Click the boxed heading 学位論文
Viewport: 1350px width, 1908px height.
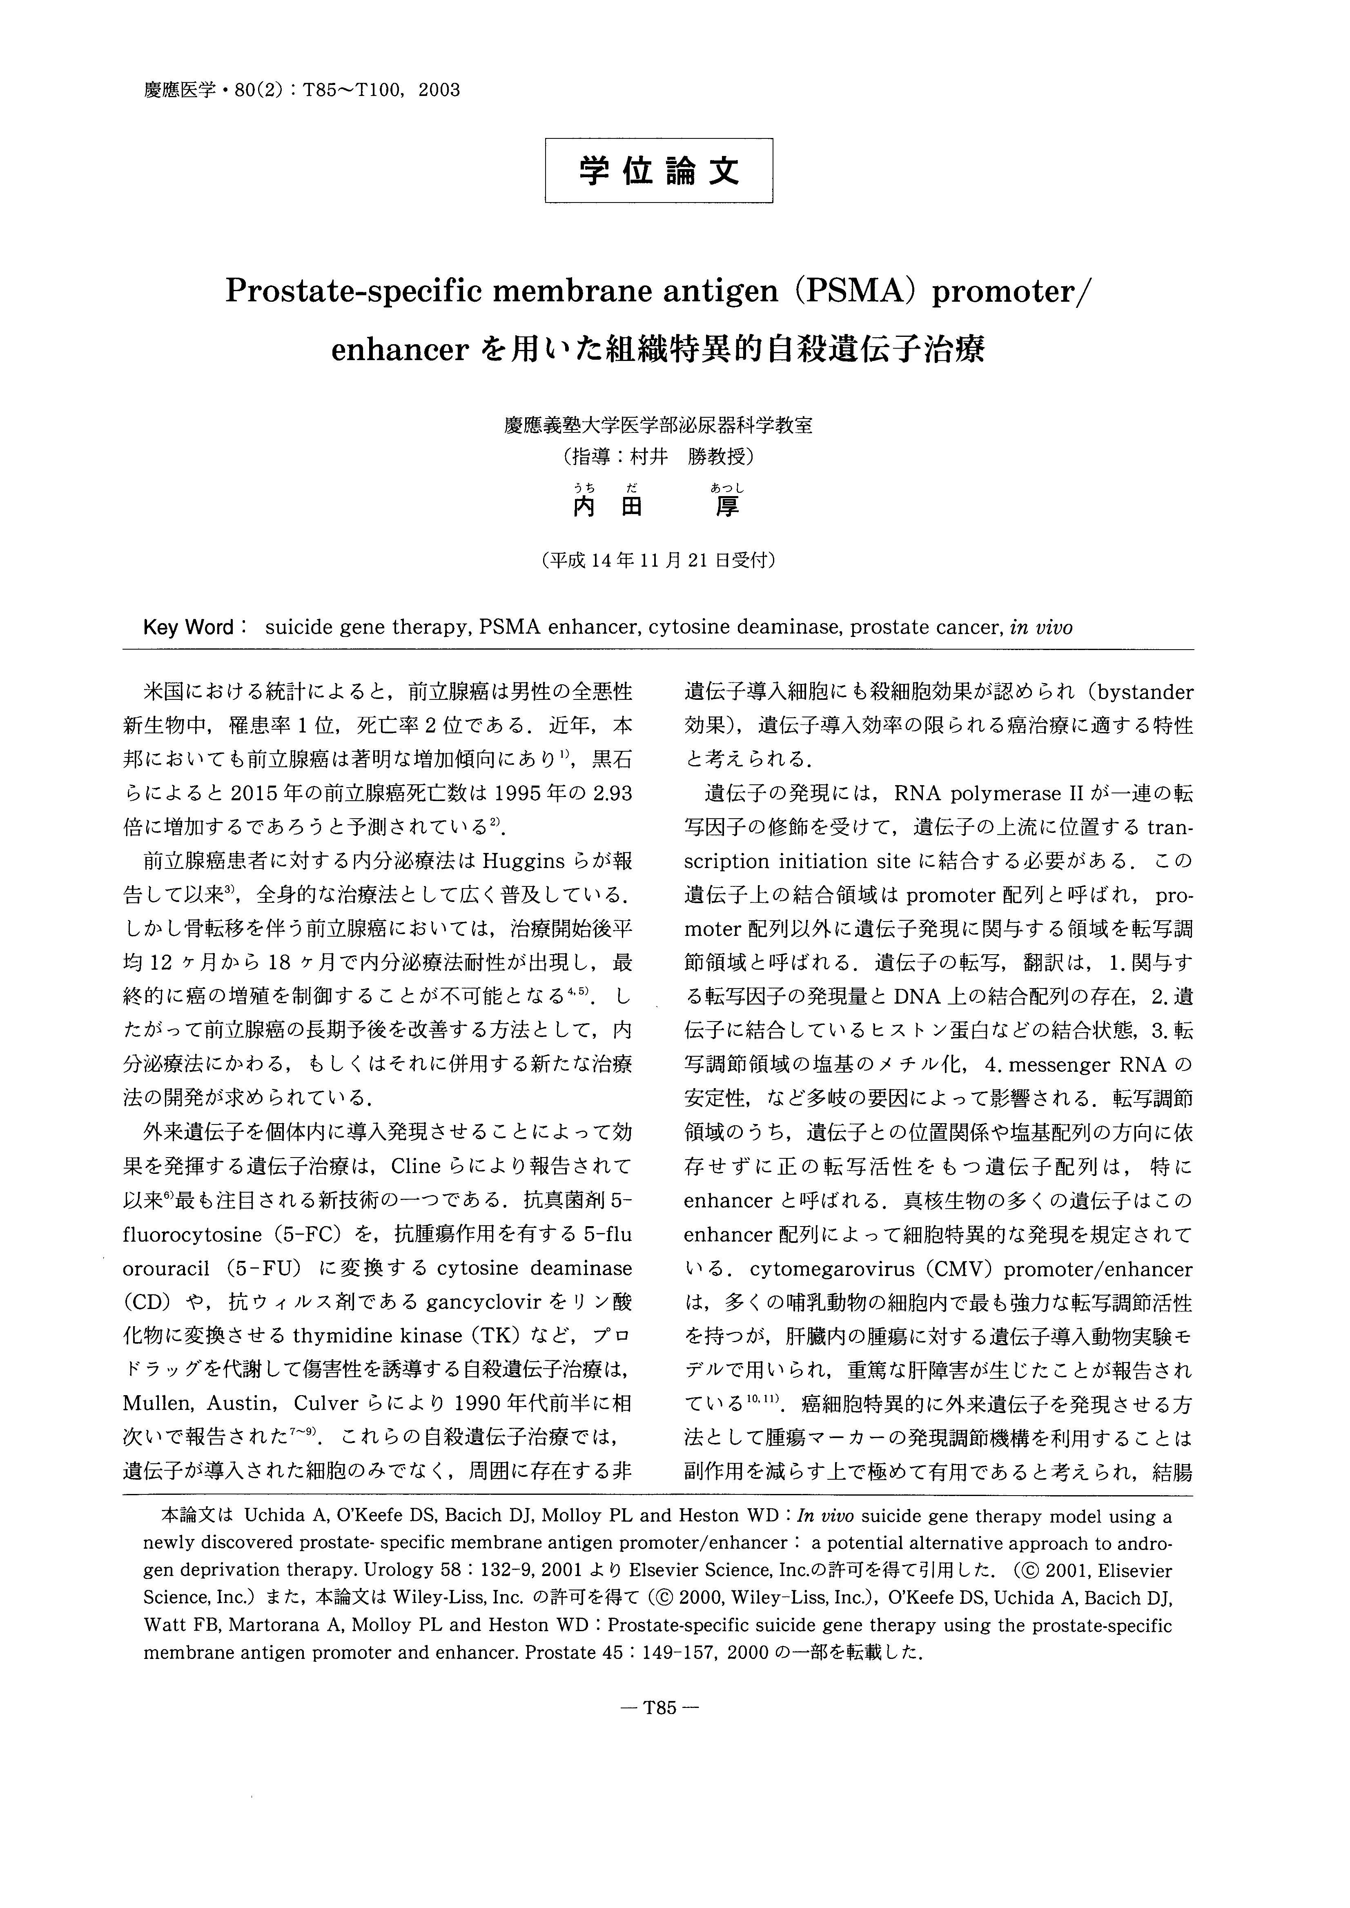click(x=658, y=170)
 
